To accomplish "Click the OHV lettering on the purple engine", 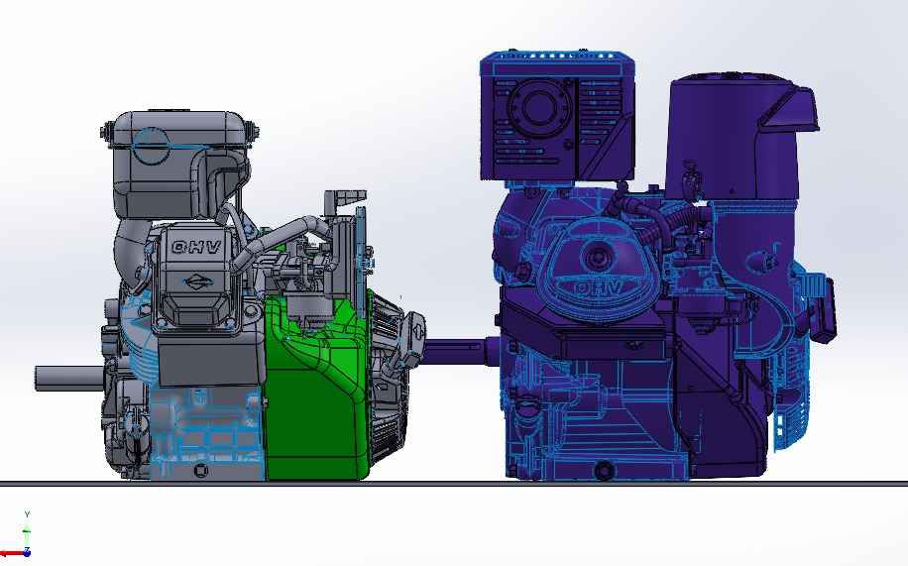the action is pyautogui.click(x=598, y=287).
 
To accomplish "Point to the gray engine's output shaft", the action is pyautogui.click(x=70, y=379).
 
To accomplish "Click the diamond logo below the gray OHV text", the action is pyautogui.click(x=198, y=283).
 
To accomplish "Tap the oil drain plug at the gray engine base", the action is pyautogui.click(x=200, y=470).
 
